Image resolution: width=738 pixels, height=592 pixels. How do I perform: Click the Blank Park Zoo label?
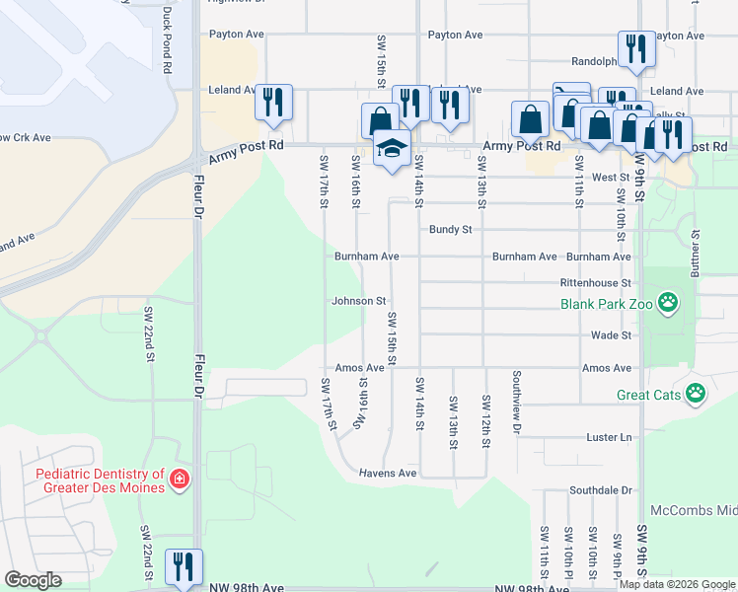(x=607, y=305)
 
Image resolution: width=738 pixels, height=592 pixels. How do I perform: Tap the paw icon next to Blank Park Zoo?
(x=669, y=302)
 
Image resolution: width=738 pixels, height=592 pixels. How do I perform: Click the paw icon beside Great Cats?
(x=697, y=393)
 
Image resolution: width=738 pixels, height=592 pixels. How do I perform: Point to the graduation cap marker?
(x=392, y=148)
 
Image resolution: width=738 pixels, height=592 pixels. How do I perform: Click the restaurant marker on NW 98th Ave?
(x=184, y=566)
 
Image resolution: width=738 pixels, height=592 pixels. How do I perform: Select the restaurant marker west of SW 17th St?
(x=273, y=102)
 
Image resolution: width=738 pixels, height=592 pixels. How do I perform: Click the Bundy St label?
(x=451, y=229)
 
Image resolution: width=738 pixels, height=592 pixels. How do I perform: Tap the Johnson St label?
(x=357, y=301)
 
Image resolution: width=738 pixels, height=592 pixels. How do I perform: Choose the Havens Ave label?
(x=388, y=473)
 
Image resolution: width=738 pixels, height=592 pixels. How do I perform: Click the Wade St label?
(x=611, y=335)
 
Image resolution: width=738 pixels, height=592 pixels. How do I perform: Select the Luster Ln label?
(x=609, y=437)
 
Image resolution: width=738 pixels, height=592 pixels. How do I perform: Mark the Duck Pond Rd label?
(x=167, y=40)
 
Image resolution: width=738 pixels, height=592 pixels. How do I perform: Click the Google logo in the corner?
(x=33, y=580)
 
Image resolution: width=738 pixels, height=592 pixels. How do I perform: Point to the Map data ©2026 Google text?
(x=677, y=585)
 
